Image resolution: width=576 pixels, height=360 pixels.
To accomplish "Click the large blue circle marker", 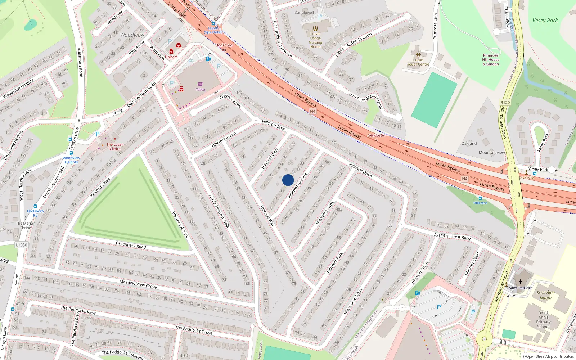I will [288, 180].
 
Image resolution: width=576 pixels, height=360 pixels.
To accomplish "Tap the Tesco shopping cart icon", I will [200, 84].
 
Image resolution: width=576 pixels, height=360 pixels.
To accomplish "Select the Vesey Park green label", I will [545, 21].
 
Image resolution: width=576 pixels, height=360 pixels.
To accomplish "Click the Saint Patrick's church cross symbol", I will [520, 282].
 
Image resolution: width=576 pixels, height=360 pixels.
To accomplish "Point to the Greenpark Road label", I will [131, 245].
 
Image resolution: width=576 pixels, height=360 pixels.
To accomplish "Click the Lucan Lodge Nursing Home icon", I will [315, 28].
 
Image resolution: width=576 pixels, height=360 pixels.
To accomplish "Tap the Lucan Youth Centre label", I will [418, 62].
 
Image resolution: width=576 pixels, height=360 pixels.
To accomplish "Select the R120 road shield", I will [505, 103].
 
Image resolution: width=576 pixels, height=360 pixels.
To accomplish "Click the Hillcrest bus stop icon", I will [480, 198].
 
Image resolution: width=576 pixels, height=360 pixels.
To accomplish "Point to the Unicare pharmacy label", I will [171, 57].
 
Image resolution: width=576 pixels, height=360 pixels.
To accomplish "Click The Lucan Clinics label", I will [115, 147].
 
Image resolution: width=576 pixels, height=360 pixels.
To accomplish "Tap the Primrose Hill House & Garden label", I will [491, 60].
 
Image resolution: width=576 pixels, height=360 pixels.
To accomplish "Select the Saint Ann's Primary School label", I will [543, 320].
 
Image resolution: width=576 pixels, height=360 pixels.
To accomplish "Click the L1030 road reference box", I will [21, 245].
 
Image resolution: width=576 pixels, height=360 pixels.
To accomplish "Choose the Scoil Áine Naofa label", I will [545, 295].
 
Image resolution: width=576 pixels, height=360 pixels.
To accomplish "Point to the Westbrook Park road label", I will [180, 225].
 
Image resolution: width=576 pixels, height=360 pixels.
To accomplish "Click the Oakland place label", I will [469, 143].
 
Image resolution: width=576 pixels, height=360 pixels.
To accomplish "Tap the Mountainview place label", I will [492, 153].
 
